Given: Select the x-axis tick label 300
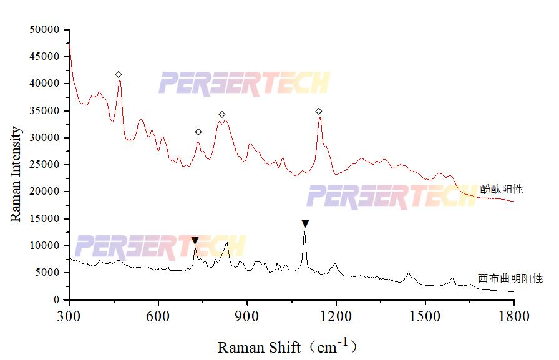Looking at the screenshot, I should point(69,316).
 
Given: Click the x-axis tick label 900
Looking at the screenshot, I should point(247,316).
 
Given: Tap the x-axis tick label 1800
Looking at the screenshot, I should point(513,316).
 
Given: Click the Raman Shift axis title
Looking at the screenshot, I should point(288,346).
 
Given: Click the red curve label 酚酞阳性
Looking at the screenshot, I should point(501,189).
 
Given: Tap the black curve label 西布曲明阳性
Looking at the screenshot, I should point(510,278).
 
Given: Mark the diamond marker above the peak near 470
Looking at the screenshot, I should point(119,75).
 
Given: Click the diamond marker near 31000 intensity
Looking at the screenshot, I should point(198,132).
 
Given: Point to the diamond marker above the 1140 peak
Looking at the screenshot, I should point(319,112).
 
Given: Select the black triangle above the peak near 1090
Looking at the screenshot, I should point(305,223).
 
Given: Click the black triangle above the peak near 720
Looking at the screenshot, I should point(195,240).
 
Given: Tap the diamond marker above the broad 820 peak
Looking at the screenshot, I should point(221,115).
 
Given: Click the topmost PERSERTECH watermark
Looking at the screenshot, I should point(244,84).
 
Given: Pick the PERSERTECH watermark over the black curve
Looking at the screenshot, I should point(160,247).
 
